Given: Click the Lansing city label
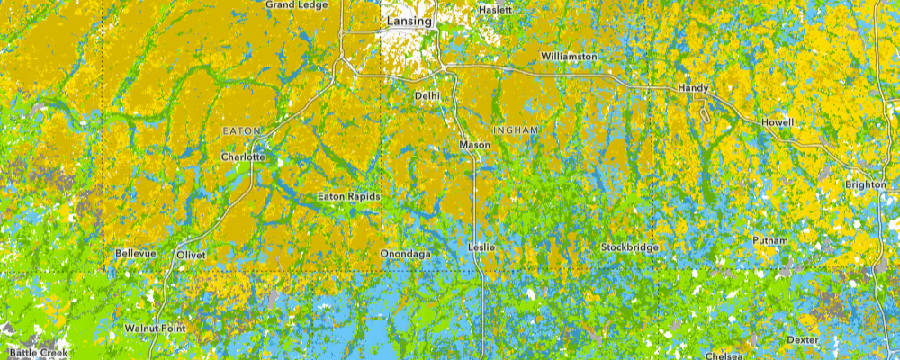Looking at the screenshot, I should pyautogui.click(x=409, y=20).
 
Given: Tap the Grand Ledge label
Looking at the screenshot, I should pyautogui.click(x=295, y=4).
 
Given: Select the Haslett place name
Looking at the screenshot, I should pyautogui.click(x=495, y=10).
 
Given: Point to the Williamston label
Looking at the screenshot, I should pyautogui.click(x=569, y=57).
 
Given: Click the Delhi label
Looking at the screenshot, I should pyautogui.click(x=427, y=94).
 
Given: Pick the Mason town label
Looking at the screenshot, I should pyautogui.click(x=474, y=144).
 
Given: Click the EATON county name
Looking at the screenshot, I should pyautogui.click(x=241, y=131).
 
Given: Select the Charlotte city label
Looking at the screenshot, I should pyautogui.click(x=243, y=157).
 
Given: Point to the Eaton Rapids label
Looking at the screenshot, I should pyautogui.click(x=350, y=196).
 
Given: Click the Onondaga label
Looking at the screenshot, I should pyautogui.click(x=406, y=255).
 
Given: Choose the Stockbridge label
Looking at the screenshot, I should pyautogui.click(x=630, y=247).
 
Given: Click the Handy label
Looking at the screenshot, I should pyautogui.click(x=693, y=88).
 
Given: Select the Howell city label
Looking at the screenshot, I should pyautogui.click(x=778, y=122).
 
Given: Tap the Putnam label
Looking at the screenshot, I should pyautogui.click(x=770, y=240).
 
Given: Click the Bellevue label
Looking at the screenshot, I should pyautogui.click(x=136, y=254).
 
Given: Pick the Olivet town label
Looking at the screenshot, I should pyautogui.click(x=191, y=255).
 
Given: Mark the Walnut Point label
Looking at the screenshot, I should pyautogui.click(x=155, y=328).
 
